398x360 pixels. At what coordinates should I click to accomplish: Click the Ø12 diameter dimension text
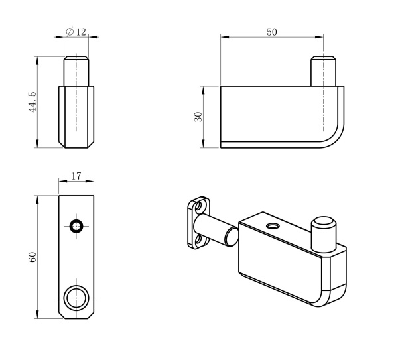click(x=76, y=32)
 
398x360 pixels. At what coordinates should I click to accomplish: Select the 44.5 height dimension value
click(x=32, y=102)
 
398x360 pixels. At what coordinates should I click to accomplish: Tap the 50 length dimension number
click(x=272, y=32)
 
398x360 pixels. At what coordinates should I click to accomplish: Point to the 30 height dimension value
click(x=198, y=117)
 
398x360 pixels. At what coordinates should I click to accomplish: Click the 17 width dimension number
click(x=76, y=176)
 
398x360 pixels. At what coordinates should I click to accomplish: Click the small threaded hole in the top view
click(x=77, y=225)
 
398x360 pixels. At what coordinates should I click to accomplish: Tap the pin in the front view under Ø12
click(x=76, y=71)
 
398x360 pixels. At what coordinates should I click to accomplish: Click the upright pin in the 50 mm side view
click(x=323, y=72)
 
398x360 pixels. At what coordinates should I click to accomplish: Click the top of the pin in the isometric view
click(x=323, y=222)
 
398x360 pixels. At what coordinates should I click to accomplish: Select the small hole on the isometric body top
click(x=271, y=227)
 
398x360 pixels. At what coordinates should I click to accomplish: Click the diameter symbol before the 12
click(x=70, y=32)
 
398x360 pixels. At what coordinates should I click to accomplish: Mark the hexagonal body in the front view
click(x=76, y=116)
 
